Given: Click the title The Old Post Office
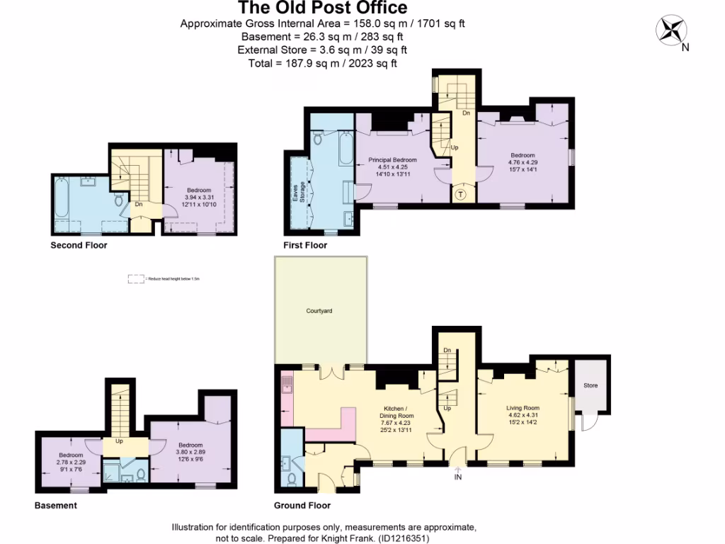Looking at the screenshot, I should tap(322, 8).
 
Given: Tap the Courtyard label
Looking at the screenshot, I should tap(319, 311).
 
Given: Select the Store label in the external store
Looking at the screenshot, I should tap(590, 385).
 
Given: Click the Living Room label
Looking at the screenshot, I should tap(523, 408).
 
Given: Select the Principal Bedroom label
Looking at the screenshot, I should tap(392, 160).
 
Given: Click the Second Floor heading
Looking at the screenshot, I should tap(79, 246).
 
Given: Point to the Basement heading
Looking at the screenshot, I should tap(56, 506).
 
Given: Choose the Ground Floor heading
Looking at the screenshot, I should tap(302, 506).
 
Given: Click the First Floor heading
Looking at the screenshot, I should tap(305, 246).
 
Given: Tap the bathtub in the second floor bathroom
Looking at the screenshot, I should tap(61, 199).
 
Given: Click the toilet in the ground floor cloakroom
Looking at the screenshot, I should tap(292, 480).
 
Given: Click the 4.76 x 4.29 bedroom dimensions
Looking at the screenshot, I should tap(523, 162).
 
